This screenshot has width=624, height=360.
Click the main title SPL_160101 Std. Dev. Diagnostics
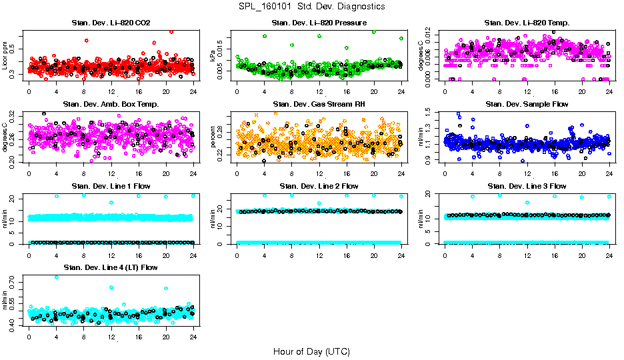point(311,7)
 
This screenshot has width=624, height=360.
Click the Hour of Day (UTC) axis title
point(311,351)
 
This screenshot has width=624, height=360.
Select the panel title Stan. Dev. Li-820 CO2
point(111,23)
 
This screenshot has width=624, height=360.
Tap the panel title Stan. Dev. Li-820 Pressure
point(319,23)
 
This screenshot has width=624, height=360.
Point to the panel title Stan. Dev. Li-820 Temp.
point(527,23)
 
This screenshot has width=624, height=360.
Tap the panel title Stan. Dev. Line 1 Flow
point(111,185)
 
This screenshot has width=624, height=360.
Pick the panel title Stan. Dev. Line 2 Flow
point(319,185)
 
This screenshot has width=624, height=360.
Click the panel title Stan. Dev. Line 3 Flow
point(527,185)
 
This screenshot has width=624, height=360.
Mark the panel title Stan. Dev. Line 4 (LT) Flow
point(111,267)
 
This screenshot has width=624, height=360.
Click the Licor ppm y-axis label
point(5,56)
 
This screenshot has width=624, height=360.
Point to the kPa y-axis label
point(213,56)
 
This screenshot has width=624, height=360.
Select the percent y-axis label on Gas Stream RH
point(213,137)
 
